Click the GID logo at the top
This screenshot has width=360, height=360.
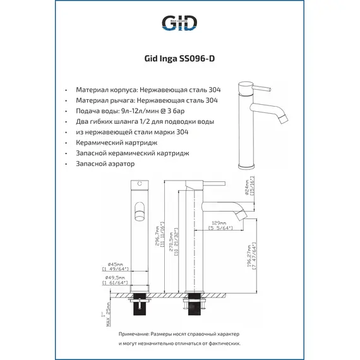[179, 23]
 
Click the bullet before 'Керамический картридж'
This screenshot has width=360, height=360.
[66, 143]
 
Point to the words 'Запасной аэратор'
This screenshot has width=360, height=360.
[105, 164]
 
